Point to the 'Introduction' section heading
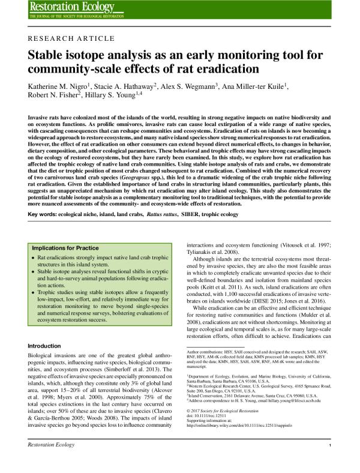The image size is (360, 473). pyautogui.click(x=46, y=346)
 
